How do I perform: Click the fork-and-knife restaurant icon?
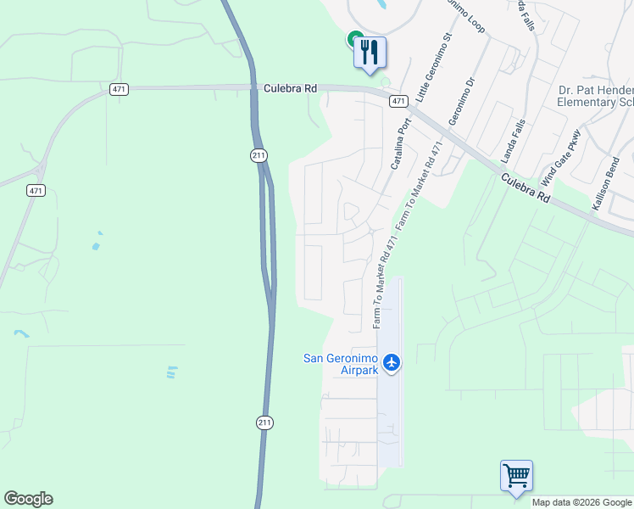point(370,52)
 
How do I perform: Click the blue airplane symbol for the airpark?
point(391,363)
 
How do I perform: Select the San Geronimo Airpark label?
point(340,364)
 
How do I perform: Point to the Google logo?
point(28,499)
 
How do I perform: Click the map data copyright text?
point(581,503)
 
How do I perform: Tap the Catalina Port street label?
point(401,145)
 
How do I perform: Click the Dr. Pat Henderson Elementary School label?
point(596,97)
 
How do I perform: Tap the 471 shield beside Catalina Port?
point(398,101)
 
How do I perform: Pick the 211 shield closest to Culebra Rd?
point(259,155)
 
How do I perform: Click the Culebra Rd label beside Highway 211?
point(290,87)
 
